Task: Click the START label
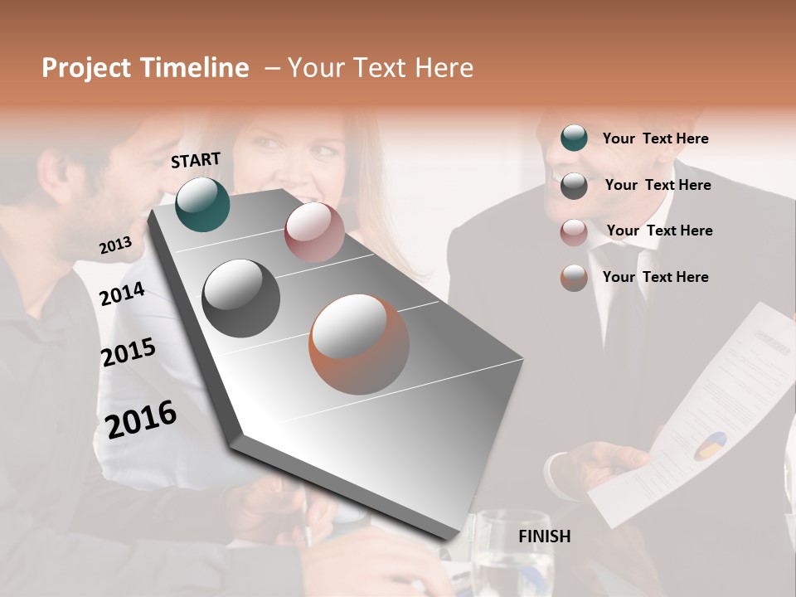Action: pos(196,160)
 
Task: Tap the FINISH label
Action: pos(544,536)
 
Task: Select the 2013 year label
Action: pos(115,245)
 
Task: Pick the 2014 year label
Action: pos(122,294)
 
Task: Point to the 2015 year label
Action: pos(128,352)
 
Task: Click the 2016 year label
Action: pos(141,419)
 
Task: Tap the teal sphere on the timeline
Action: pos(202,204)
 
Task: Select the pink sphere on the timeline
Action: pos(314,232)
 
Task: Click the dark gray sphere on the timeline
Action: pos(240,298)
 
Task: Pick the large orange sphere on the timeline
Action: pos(359,344)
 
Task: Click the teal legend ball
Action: pos(574,138)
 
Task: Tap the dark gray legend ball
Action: pos(574,186)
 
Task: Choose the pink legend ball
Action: pos(574,232)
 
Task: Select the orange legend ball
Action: pos(574,278)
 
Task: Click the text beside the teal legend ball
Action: pos(655,138)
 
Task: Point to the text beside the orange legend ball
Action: pos(655,277)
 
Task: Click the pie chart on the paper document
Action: pos(709,446)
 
